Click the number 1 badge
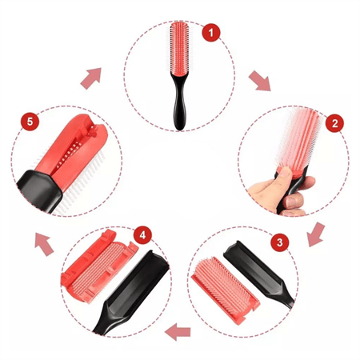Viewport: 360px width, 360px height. [x=210, y=34]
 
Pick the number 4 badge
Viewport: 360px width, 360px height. [x=142, y=236]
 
